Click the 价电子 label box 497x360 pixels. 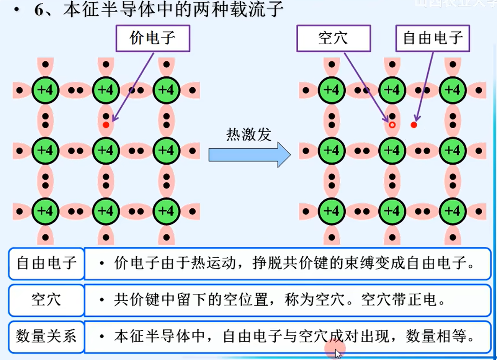click(153, 38)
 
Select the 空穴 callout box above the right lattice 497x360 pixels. click(334, 38)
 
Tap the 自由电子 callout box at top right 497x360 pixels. click(432, 38)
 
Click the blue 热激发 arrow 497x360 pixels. click(249, 155)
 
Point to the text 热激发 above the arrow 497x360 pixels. click(249, 134)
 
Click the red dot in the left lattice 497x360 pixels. click(106, 125)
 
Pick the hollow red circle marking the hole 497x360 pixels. click(392, 125)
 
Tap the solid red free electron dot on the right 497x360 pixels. click(414, 125)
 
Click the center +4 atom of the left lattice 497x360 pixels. click(106, 151)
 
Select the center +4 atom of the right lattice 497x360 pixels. click(392, 151)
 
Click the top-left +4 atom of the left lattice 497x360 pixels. click(45, 90)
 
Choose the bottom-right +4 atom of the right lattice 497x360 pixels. click(453, 211)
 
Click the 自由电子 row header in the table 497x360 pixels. click(46, 263)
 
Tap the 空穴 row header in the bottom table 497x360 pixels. click(46, 300)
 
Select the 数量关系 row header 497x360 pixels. click(46, 336)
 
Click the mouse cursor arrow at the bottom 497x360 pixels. click(338, 353)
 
